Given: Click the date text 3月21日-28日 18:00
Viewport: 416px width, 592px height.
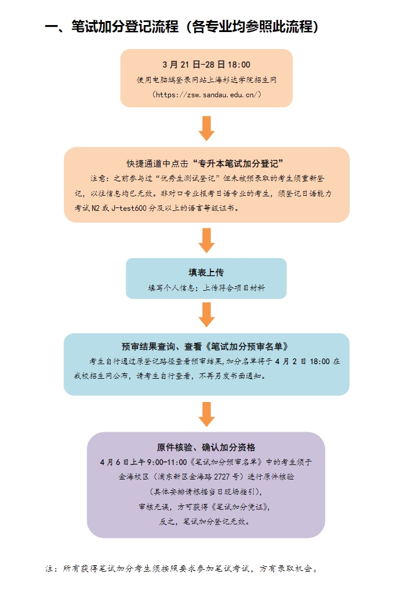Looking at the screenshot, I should pos(206,65).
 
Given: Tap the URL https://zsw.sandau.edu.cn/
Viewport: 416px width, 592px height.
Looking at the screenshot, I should pos(206,94).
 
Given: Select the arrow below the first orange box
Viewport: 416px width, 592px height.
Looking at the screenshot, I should pos(206,128).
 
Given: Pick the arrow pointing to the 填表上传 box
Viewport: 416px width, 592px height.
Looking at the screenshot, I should pos(206,239).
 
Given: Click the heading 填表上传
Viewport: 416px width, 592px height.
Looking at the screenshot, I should pos(206,273).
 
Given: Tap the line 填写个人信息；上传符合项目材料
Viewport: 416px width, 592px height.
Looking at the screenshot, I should pos(206,288).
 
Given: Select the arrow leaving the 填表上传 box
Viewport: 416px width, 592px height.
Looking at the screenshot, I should pos(206,314).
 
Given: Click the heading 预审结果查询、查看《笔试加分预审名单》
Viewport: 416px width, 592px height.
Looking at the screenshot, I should pos(206,346).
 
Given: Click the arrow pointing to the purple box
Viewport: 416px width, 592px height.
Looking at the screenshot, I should pos(206,413).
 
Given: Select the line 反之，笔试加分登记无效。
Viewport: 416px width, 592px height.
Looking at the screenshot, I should pos(206,521).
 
